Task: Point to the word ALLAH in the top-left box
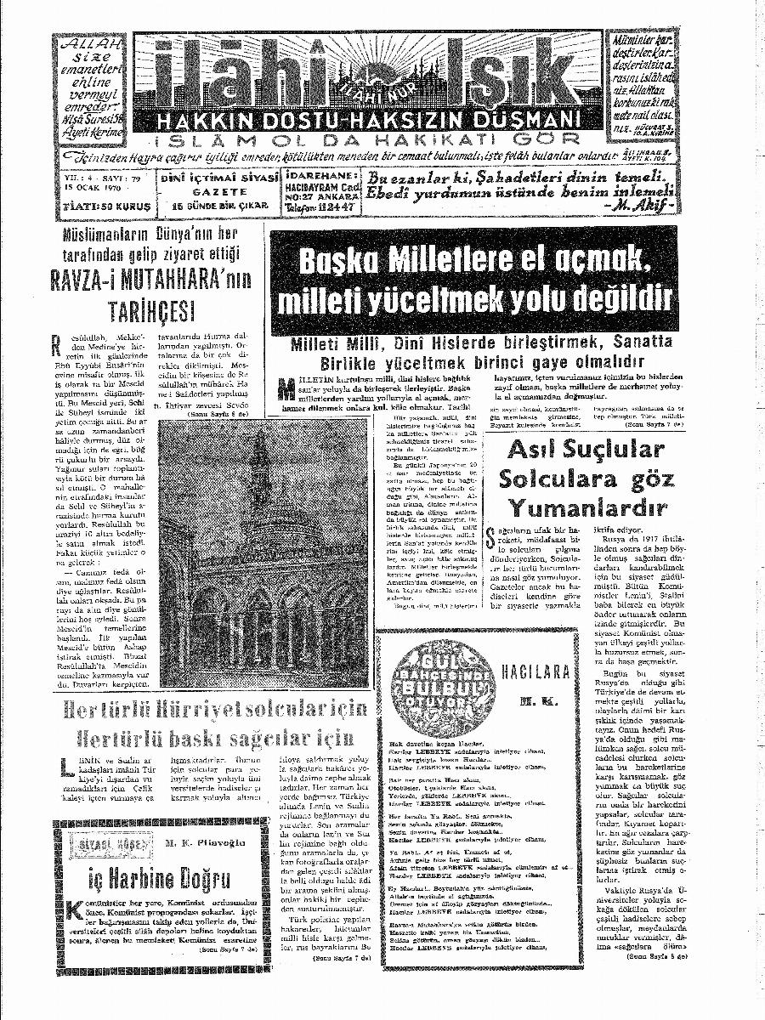click(90, 44)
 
